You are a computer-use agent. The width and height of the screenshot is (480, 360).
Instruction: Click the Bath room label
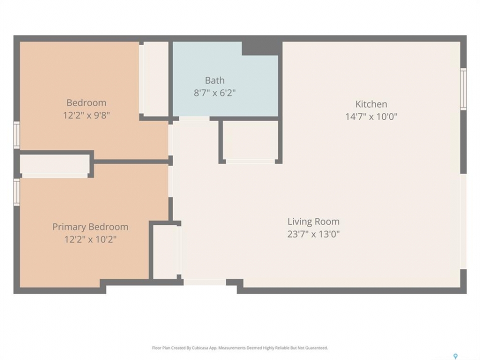click(x=214, y=80)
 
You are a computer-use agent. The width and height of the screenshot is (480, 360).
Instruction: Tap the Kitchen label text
click(x=371, y=104)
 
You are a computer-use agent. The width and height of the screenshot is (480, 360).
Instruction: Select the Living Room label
click(x=313, y=221)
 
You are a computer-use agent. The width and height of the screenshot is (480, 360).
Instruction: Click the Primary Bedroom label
click(x=90, y=227)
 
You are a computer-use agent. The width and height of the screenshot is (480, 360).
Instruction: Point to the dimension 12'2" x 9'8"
click(x=86, y=115)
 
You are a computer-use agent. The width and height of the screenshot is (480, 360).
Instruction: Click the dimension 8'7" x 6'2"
click(x=214, y=93)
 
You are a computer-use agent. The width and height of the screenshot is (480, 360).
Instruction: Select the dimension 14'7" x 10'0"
click(x=371, y=116)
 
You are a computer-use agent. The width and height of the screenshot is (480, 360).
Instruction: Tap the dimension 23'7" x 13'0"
click(x=313, y=234)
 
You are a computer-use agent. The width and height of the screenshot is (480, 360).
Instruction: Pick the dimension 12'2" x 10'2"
click(x=90, y=239)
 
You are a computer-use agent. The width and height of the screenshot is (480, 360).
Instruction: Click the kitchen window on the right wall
click(x=463, y=89)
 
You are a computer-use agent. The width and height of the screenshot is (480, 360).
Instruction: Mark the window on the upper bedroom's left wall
click(x=16, y=135)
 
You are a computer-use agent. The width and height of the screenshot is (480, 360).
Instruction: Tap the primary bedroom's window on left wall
click(x=16, y=192)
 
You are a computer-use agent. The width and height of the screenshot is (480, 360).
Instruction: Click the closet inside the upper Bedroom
click(x=155, y=79)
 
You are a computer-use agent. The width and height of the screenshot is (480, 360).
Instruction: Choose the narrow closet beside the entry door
click(x=165, y=252)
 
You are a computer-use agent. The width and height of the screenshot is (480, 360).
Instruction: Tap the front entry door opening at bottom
click(x=205, y=282)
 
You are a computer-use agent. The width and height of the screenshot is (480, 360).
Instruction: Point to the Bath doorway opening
click(x=194, y=118)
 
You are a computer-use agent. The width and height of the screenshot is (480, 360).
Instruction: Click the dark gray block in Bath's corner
click(x=261, y=48)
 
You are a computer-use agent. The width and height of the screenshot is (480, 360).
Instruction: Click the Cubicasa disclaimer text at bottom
click(x=239, y=348)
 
